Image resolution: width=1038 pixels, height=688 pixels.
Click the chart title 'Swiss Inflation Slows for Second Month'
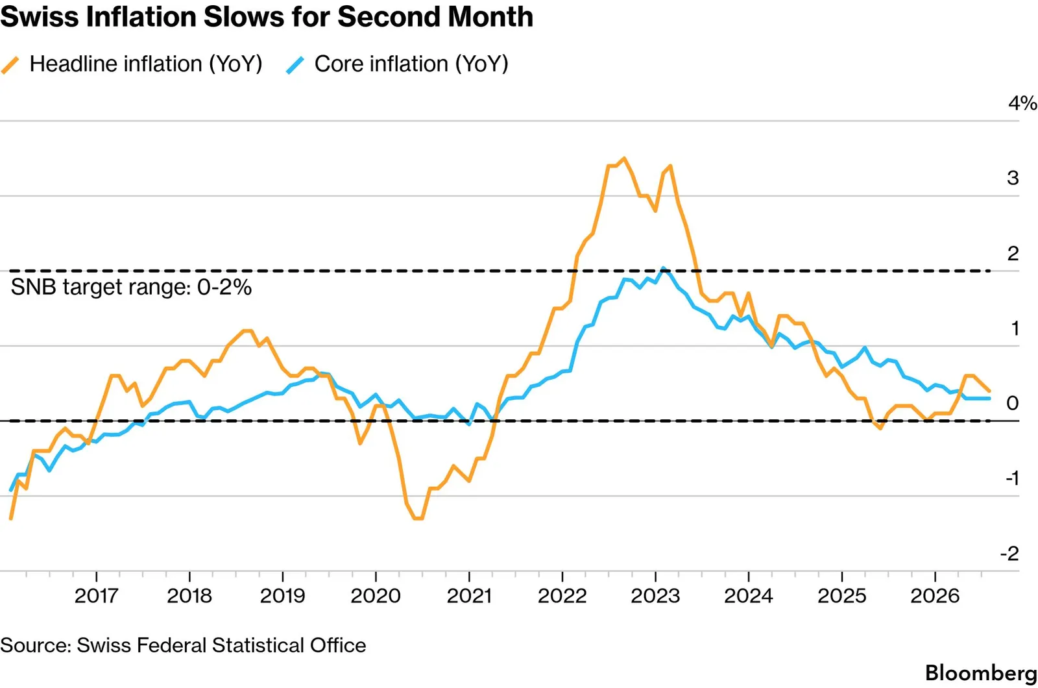pos(267,17)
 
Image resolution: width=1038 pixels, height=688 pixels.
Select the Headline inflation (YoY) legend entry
pos(132,64)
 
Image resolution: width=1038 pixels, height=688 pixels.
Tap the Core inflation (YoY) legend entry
pos(397,64)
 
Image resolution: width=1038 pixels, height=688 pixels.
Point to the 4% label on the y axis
pos(1022,103)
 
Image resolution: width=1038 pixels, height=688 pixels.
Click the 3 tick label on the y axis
pos(1013,178)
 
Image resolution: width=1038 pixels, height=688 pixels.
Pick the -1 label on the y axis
pos(1012,478)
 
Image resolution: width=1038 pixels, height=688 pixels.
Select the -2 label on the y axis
pos(1009,554)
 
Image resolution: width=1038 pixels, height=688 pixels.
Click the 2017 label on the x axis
pos(97,596)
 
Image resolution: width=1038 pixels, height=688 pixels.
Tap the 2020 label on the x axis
pos(376,596)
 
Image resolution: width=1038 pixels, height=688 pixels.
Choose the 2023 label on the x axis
pos(655,596)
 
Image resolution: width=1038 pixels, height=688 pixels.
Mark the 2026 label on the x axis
pos(935,596)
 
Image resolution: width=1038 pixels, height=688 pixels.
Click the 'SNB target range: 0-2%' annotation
pos(131,288)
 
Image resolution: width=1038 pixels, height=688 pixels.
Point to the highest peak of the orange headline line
pos(624,158)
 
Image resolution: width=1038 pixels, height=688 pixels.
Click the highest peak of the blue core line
pos(664,269)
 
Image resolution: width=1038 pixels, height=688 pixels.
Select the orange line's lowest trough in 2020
pos(418,519)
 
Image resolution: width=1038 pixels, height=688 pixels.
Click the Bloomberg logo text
pos(981,672)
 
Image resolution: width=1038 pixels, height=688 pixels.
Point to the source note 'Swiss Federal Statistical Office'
pos(221,645)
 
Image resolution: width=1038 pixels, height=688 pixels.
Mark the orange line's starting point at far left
pos(10,518)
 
